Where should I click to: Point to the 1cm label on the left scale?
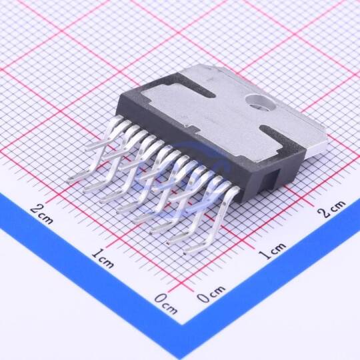103,259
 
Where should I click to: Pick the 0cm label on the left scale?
166,304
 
